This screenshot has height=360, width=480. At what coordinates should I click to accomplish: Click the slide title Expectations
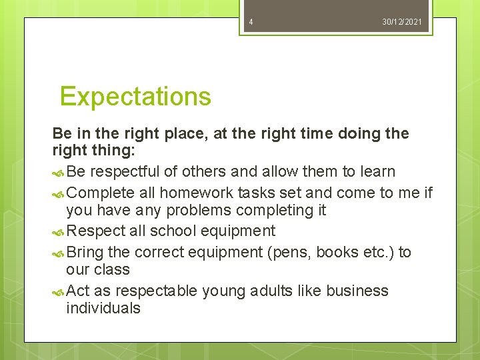pyautogui.click(x=135, y=97)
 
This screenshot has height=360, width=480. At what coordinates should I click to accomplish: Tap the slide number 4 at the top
pyautogui.click(x=251, y=22)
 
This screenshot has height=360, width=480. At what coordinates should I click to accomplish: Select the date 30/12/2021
pyautogui.click(x=402, y=22)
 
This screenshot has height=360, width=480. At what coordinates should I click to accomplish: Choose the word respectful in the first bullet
pyautogui.click(x=125, y=172)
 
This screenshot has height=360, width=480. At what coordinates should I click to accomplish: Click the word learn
pyautogui.click(x=377, y=172)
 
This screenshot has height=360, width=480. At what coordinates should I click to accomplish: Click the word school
pyautogui.click(x=178, y=231)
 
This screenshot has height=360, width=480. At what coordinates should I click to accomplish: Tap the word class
pyautogui.click(x=112, y=270)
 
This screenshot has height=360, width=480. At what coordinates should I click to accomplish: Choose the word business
pyautogui.click(x=357, y=291)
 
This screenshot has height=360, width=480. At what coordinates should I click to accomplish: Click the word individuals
pyautogui.click(x=103, y=308)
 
